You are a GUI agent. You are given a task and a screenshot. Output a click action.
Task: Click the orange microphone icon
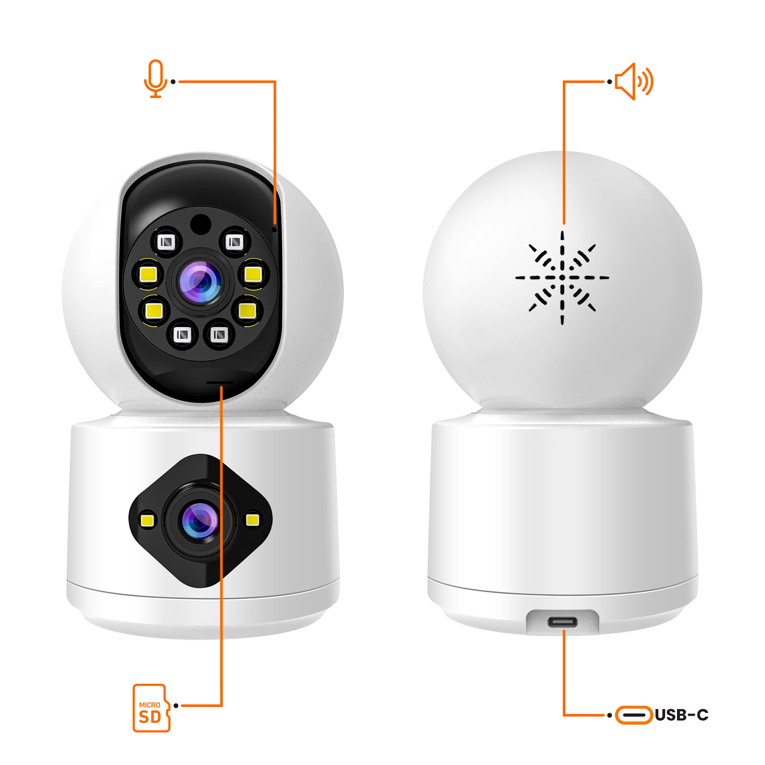[155, 78]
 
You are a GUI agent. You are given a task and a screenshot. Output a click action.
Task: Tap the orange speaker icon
[634, 82]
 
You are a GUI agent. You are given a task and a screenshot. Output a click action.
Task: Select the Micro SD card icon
[151, 708]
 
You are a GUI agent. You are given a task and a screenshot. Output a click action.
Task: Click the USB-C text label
[681, 715]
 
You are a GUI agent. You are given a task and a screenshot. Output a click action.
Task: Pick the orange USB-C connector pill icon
[634, 715]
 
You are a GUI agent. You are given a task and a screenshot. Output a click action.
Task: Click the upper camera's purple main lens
[200, 282]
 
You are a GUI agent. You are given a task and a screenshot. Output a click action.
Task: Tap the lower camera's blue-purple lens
[200, 521]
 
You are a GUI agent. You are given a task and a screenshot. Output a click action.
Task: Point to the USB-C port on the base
[562, 623]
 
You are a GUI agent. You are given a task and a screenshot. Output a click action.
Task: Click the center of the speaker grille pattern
[562, 277]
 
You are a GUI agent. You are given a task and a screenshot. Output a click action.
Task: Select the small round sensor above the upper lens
[200, 224]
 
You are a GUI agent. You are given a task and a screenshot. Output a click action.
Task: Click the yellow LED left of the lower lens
[148, 520]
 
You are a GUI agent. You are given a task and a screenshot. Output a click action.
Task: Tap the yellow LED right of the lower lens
[252, 520]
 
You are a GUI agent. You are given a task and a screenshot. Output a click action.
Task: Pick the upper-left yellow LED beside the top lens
[148, 274]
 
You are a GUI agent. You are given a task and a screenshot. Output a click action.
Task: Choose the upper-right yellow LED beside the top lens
[253, 274]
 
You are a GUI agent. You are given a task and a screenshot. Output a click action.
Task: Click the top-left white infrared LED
[166, 242]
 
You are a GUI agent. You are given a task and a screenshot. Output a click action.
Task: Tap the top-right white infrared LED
[234, 242]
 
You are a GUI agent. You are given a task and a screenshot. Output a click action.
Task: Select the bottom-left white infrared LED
[182, 335]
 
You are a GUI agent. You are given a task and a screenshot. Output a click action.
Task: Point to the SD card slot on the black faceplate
[220, 382]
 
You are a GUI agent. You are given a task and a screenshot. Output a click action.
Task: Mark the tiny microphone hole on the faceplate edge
[274, 229]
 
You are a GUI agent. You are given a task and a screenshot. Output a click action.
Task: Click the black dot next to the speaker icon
[610, 82]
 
